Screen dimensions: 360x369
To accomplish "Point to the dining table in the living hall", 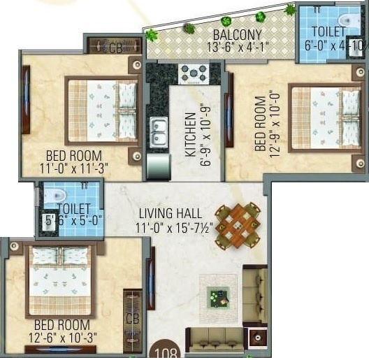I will click(237, 225).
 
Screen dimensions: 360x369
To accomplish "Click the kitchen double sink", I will click(159, 131).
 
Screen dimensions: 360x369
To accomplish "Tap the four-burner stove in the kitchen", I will click(194, 72).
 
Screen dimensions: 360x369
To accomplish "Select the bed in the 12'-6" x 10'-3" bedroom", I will click(59, 280).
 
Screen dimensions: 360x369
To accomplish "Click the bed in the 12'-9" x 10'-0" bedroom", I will click(325, 117).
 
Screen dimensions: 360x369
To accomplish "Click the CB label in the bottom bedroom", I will click(132, 318).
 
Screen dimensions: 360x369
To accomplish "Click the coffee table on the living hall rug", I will click(218, 297).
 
